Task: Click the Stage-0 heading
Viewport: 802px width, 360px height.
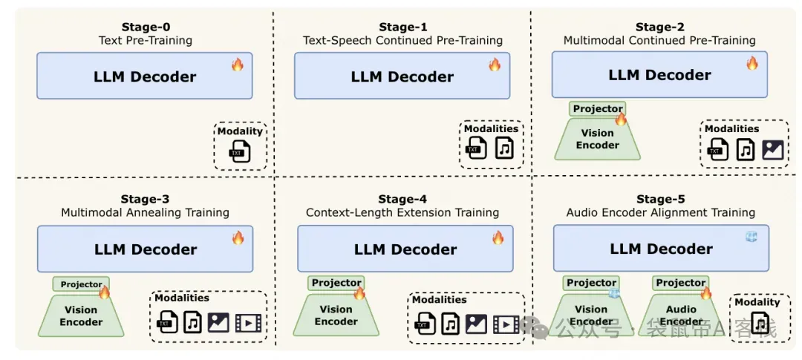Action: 146,27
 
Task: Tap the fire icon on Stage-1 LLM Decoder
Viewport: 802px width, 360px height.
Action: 495,65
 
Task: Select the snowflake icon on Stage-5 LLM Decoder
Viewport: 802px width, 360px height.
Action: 751,236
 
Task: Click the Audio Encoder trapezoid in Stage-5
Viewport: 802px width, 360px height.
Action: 681,315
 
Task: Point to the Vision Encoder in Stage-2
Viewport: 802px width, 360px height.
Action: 597,139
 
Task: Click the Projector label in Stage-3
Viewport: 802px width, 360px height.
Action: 82,284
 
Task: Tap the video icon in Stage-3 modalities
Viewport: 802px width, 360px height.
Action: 248,323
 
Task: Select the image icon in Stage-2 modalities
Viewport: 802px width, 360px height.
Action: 772,150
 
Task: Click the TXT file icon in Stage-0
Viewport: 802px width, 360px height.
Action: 240,152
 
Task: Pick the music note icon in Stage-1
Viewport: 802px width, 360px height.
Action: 504,148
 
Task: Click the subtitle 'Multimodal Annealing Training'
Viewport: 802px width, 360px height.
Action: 146,212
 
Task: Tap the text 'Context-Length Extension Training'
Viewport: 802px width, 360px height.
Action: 402,212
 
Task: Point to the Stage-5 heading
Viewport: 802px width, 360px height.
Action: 660,199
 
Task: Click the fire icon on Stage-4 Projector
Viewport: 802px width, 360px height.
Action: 359,293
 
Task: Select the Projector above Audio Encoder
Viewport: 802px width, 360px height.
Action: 681,283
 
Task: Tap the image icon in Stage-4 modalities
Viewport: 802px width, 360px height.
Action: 476,323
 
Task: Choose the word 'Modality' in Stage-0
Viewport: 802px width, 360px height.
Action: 240,131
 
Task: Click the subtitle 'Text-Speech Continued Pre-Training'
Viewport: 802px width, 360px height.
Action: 402,40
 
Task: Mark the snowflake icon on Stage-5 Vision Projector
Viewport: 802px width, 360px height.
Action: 614,293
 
